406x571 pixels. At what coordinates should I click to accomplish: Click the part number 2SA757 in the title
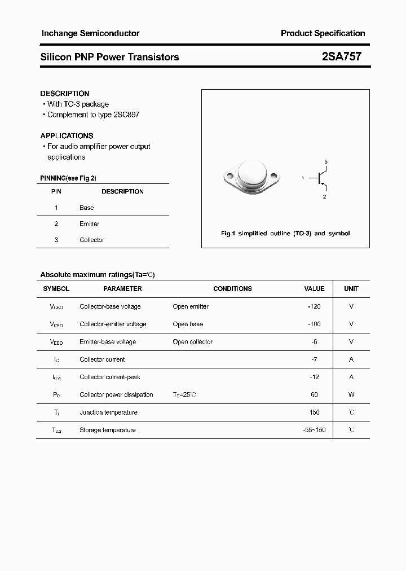342,56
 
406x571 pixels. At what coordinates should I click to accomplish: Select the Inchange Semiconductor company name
90,33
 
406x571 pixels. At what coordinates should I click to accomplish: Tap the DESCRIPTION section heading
65,93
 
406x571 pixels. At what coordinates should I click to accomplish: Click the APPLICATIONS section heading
67,135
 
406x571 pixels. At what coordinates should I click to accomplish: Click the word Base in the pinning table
86,208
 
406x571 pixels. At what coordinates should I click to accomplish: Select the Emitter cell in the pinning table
89,224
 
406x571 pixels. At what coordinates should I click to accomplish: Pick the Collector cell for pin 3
92,240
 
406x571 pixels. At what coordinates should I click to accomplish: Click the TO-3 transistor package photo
249,176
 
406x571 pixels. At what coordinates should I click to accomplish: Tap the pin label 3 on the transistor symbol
326,162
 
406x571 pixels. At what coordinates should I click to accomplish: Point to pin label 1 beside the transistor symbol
303,178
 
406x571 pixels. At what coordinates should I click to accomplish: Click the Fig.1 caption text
285,233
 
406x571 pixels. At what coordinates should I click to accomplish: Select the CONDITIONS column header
232,288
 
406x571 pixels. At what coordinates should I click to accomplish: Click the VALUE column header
314,288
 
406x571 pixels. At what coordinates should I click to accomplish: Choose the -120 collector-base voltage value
314,306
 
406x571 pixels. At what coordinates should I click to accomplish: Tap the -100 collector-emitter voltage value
314,324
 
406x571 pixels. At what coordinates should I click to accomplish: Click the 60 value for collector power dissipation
315,394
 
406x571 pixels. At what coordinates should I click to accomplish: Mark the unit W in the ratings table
351,394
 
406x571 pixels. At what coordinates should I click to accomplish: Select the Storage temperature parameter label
108,430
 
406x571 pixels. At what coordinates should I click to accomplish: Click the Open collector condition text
193,341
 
